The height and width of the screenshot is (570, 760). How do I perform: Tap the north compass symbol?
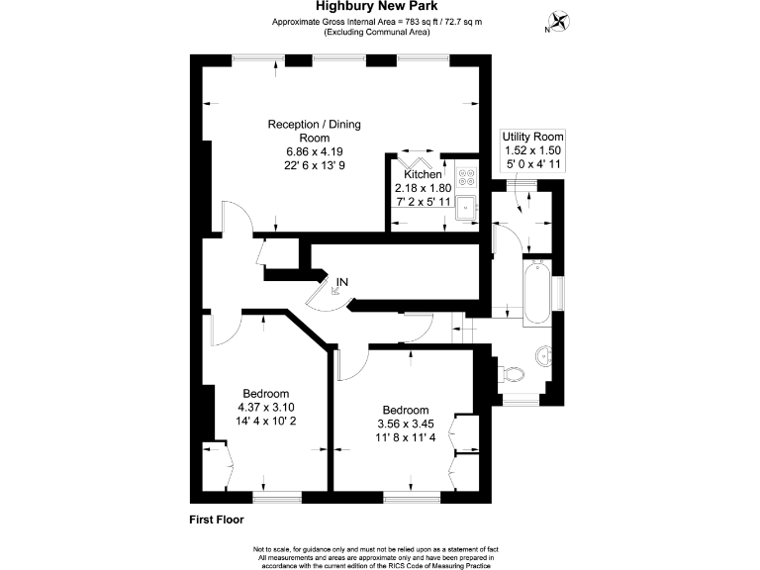point(559,22)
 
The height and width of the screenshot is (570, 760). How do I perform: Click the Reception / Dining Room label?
point(315,131)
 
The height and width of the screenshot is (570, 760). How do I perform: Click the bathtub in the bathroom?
point(537,291)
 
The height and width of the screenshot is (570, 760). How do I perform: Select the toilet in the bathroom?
point(512,373)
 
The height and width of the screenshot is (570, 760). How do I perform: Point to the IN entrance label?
point(342,283)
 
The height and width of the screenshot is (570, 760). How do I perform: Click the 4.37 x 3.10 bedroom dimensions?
point(265,407)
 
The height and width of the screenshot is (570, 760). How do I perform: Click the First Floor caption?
point(216,519)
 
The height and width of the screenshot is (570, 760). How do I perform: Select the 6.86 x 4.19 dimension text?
point(315,151)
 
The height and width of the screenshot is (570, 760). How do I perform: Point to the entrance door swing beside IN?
point(325,296)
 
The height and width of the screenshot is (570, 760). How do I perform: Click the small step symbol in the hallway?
point(457,327)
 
